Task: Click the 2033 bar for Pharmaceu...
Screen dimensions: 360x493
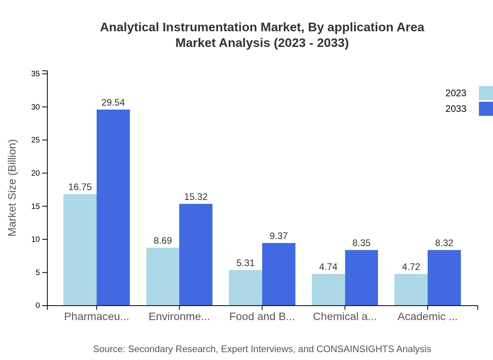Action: coord(113,207)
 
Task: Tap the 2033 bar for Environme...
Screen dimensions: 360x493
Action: coord(196,254)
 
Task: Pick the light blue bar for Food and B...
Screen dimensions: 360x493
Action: coord(245,288)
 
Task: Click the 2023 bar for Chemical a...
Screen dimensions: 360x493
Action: coord(328,290)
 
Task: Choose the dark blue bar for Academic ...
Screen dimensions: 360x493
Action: coord(444,277)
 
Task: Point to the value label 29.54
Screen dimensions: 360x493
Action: coord(113,103)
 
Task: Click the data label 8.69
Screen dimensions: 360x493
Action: coord(163,241)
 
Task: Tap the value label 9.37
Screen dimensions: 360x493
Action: coord(279,236)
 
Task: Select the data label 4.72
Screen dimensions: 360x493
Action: coord(411,267)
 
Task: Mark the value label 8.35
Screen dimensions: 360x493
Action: coord(361,243)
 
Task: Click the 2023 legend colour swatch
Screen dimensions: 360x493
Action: coord(486,93)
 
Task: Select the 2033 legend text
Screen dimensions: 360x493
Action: coord(456,109)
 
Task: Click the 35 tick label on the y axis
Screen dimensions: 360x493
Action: coord(36,74)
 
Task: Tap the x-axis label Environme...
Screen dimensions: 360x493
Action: coord(179,317)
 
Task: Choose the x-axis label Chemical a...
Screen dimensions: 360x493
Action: coord(345,317)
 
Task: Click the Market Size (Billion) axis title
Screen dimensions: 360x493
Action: coord(13,188)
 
